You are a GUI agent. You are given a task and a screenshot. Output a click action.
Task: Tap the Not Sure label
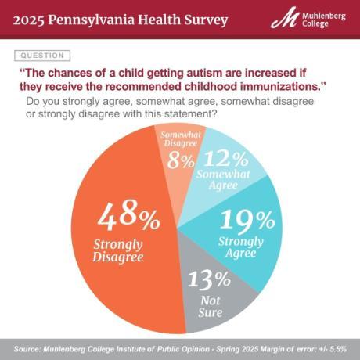(x=211, y=305)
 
